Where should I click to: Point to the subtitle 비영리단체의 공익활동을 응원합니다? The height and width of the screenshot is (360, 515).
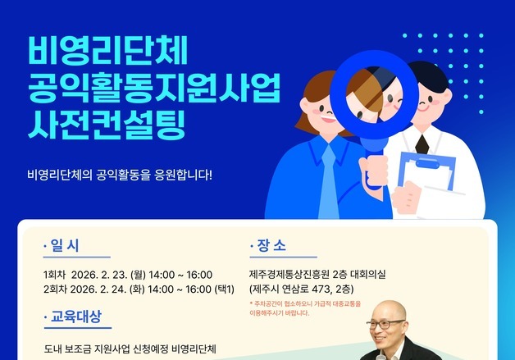(x=119, y=175)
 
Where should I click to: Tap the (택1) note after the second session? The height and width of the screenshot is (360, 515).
(x=225, y=289)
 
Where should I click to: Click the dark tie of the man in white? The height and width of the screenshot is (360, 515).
(x=422, y=144)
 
